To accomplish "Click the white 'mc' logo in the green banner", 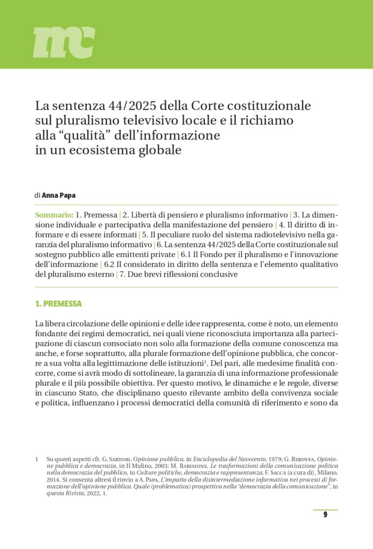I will [x=64, y=42].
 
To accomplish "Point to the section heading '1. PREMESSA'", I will [x=58, y=304].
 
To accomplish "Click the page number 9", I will [x=325, y=515].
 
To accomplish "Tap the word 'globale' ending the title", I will [x=159, y=150].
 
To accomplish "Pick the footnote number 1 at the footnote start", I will [x=36, y=459].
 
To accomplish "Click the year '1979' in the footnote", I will [x=275, y=459].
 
